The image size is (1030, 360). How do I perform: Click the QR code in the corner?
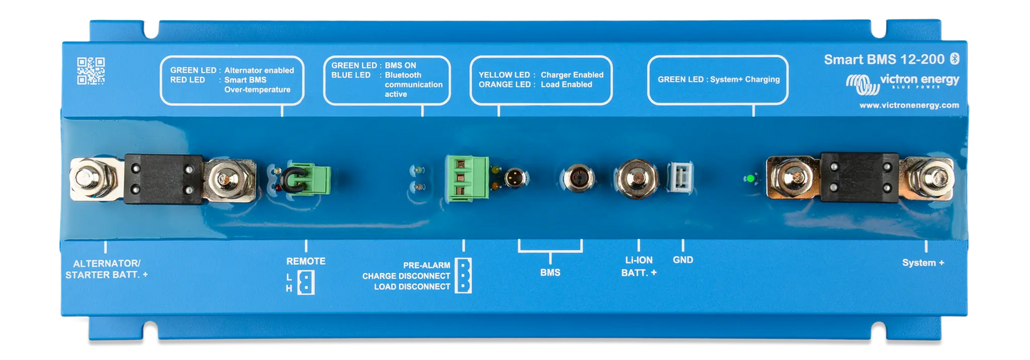[x=91, y=71]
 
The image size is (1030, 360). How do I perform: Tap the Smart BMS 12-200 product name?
[x=884, y=59]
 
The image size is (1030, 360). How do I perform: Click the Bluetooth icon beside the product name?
[x=958, y=58]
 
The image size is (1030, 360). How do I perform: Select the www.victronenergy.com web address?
[x=909, y=105]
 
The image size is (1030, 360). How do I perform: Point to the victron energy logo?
[x=902, y=83]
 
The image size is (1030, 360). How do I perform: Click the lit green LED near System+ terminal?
[x=748, y=178]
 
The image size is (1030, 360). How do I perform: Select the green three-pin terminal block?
[x=463, y=178]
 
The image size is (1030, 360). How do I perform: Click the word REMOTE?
[x=306, y=261]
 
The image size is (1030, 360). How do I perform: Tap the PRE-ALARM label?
[x=426, y=264]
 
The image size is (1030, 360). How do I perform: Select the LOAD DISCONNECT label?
[x=412, y=287]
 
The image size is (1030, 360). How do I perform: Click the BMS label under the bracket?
[x=550, y=272]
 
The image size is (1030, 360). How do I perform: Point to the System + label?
[x=923, y=262]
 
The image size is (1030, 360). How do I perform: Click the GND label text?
[x=683, y=259]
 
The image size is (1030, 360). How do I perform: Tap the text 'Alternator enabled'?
[x=259, y=71]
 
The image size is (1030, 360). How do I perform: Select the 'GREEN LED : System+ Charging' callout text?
[x=719, y=80]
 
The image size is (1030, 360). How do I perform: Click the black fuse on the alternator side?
[x=160, y=178]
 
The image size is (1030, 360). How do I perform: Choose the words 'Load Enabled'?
[x=567, y=85]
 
